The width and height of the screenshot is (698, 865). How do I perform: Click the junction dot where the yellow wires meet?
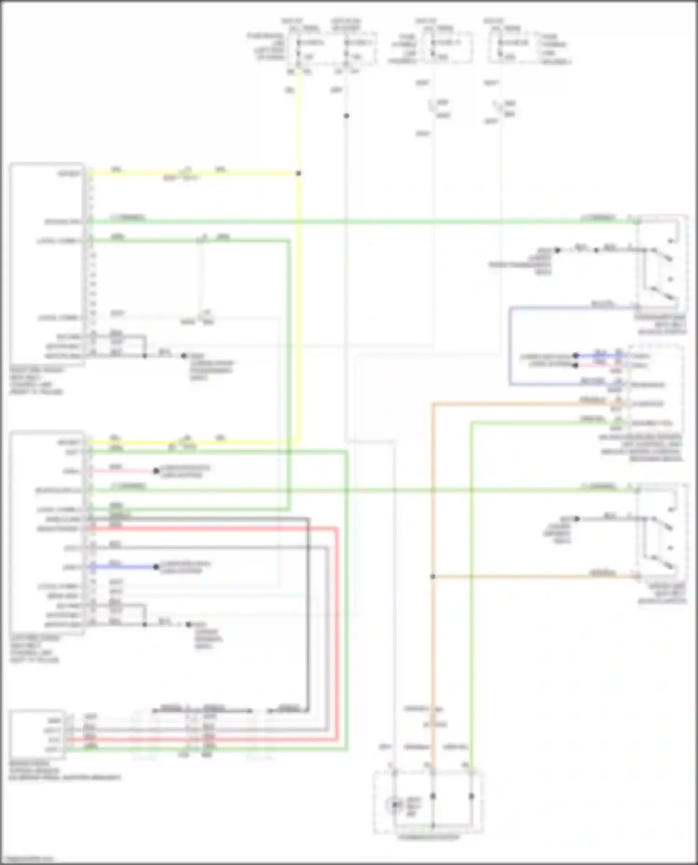coord(298,173)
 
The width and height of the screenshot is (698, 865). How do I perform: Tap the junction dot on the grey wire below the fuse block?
coord(346,116)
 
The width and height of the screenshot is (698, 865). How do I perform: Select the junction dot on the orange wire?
coord(432,576)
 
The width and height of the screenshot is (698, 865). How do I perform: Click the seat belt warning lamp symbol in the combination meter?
coord(396,804)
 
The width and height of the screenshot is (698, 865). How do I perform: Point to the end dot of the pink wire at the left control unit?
coord(156,471)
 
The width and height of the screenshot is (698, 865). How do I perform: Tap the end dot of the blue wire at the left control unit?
coord(156,567)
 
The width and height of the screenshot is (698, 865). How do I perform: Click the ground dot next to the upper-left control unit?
coord(184,356)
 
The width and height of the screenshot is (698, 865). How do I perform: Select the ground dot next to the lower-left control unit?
coord(188,624)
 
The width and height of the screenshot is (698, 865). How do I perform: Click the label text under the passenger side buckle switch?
coord(663,324)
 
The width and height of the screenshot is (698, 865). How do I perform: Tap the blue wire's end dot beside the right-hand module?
coord(576,356)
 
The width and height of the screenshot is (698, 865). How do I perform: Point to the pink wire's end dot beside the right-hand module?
coord(576,365)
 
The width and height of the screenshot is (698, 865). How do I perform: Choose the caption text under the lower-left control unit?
coord(35,649)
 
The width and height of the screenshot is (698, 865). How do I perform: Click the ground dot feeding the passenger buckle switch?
coord(557,250)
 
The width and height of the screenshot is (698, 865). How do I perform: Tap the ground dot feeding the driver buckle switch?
coord(577,519)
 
